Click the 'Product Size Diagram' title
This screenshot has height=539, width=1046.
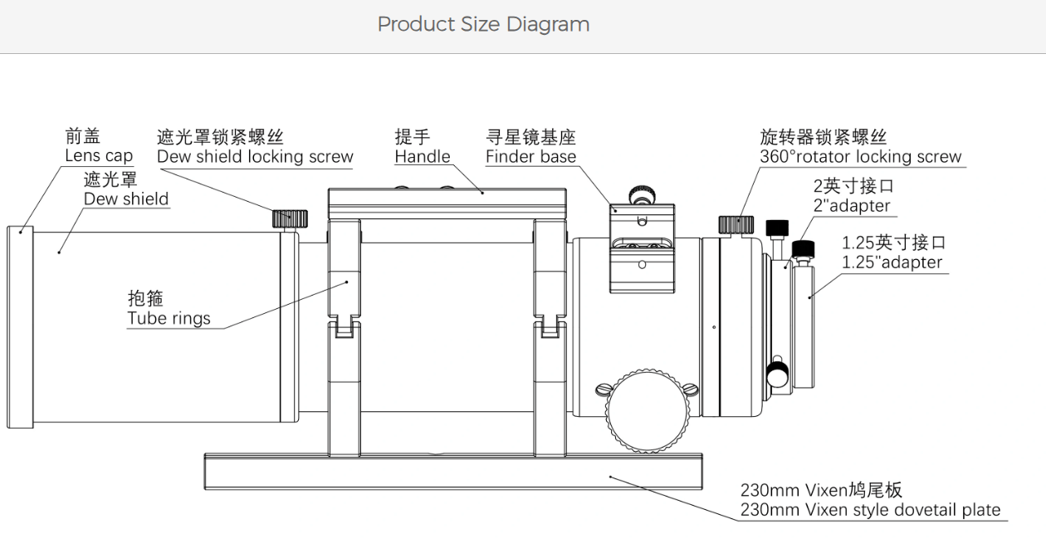click(483, 24)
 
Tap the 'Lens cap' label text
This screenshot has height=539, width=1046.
click(99, 155)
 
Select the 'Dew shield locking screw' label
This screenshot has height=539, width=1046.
click(255, 156)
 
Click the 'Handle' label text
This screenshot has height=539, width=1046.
click(423, 156)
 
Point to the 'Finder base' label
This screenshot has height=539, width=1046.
click(531, 156)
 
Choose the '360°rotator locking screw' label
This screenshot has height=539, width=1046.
click(861, 156)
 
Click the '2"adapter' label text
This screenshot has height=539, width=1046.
click(852, 205)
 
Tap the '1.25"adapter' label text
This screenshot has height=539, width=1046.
click(892, 262)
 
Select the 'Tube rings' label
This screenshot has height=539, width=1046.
click(169, 318)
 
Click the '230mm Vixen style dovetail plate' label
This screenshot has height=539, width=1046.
click(870, 510)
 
